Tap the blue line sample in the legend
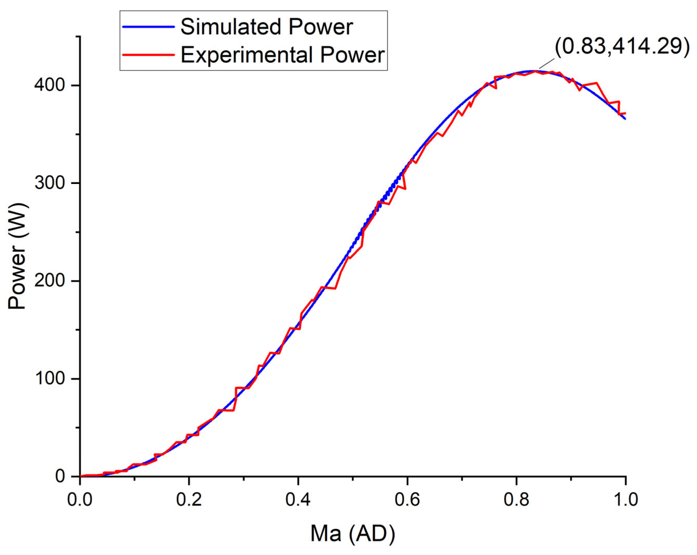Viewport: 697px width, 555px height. [x=148, y=27]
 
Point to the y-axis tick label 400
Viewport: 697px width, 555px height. [x=50, y=86]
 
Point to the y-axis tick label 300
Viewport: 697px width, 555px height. [x=50, y=183]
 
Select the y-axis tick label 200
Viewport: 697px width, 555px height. [x=50, y=281]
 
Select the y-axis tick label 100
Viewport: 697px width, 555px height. [x=50, y=379]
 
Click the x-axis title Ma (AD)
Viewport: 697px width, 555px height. [x=353, y=533]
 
